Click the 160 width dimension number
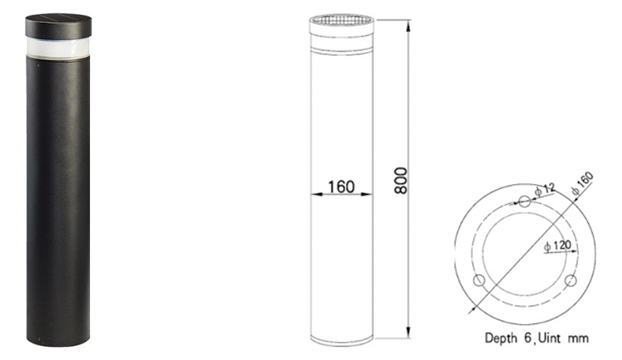(341, 187)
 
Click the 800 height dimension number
(401, 181)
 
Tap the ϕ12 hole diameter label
(544, 189)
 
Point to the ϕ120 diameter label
(557, 245)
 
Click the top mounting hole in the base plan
(525, 201)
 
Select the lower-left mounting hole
(480, 281)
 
